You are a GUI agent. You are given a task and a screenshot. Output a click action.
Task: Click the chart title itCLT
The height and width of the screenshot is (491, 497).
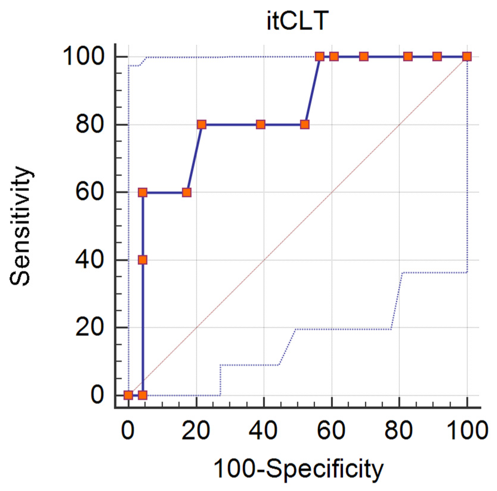pyautogui.click(x=297, y=21)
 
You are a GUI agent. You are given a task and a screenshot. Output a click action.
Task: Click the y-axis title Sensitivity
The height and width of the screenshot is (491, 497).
pyautogui.click(x=20, y=226)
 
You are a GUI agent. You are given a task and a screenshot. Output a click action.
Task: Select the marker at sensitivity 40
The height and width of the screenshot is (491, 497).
pyautogui.click(x=143, y=260)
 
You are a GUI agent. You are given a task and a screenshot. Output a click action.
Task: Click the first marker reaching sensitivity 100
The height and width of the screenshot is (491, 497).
pyautogui.click(x=320, y=56)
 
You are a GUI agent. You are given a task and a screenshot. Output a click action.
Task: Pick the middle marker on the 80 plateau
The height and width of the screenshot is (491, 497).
pyautogui.click(x=261, y=124)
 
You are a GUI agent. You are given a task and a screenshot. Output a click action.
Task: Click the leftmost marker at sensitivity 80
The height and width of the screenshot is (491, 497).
pyautogui.click(x=202, y=124)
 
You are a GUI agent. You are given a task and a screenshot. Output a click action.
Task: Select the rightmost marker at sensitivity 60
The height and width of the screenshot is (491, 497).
pyautogui.click(x=187, y=192)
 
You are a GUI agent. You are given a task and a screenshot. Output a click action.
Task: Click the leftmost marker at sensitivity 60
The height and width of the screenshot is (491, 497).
pyautogui.click(x=143, y=192)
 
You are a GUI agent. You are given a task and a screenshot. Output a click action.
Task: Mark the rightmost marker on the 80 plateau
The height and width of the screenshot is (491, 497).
pyautogui.click(x=305, y=124)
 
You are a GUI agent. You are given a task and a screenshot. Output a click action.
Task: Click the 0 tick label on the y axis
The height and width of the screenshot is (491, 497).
pyautogui.click(x=98, y=395)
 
